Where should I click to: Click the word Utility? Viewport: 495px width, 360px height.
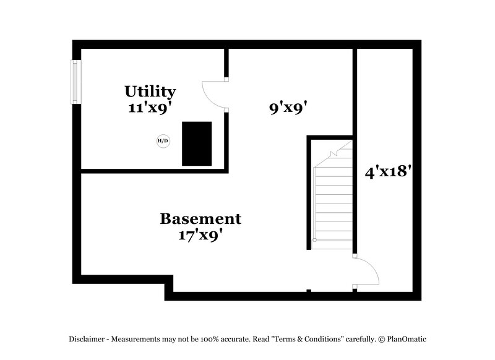(150, 92)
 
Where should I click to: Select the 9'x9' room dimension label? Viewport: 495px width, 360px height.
(288, 108)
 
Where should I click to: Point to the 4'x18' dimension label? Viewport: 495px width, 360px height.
(389, 171)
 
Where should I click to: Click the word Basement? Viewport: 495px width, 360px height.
(200, 219)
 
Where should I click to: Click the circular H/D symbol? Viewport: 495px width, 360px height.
(163, 141)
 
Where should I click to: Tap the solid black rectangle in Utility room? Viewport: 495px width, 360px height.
(197, 144)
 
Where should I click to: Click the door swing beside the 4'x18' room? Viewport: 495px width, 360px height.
(366, 272)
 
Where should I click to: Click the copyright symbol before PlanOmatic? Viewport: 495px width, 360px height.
(381, 339)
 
